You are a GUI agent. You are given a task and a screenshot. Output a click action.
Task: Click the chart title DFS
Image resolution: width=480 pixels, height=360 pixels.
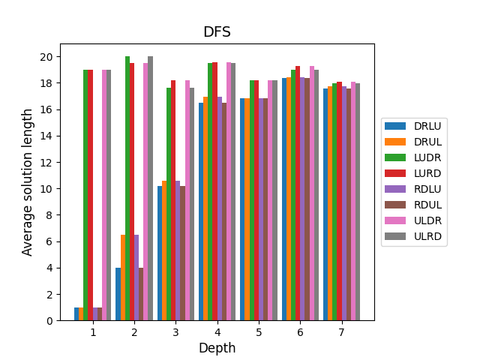click(217, 32)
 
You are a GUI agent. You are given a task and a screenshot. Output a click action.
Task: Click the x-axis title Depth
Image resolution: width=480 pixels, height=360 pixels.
click(217, 348)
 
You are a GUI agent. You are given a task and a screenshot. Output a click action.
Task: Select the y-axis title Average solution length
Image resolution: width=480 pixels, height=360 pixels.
click(28, 181)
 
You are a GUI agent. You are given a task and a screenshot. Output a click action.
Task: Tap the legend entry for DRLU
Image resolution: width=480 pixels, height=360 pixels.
click(426, 126)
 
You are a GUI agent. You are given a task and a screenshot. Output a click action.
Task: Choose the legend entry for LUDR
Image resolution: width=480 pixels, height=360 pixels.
click(426, 157)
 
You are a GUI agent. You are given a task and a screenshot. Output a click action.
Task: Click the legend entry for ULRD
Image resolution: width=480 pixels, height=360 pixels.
click(426, 236)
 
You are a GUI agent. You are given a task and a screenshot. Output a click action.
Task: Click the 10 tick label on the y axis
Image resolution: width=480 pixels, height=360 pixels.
click(46, 189)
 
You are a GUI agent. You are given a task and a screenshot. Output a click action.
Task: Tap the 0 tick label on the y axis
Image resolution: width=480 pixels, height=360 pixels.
click(49, 321)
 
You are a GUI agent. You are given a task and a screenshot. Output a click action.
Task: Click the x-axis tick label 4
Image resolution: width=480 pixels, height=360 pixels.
click(217, 331)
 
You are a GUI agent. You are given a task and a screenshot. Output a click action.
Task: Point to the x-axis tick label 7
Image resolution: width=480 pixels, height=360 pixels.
click(341, 331)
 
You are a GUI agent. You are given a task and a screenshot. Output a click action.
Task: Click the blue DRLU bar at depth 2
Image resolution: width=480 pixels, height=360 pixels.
click(118, 294)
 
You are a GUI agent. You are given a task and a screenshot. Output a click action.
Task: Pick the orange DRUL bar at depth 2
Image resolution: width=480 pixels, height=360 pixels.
click(123, 277)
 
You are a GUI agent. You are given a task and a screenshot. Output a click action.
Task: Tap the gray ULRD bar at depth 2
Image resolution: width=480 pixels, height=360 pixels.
click(150, 188)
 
